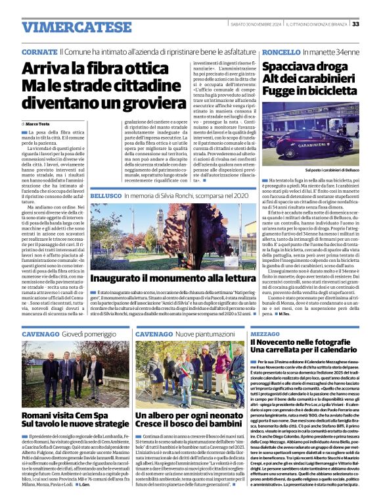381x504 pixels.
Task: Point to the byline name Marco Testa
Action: click(38, 124)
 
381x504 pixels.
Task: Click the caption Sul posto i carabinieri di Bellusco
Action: click(324, 170)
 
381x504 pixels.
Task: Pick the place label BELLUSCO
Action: click(106, 197)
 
